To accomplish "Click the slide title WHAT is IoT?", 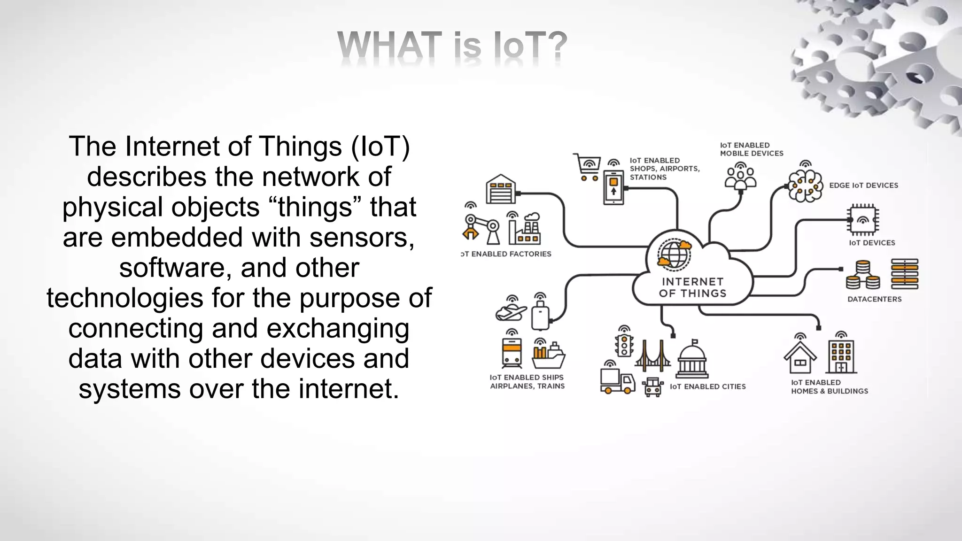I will coord(452,45).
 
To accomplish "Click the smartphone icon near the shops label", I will coord(613,187).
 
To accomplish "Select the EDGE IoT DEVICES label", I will coord(863,185).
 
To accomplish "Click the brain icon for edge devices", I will coord(805,185).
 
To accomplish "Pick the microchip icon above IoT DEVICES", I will coord(862,219).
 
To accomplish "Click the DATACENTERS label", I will coord(874,299).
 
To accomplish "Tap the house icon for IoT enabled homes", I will coord(800,358).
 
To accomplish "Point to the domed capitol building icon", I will coord(692,361).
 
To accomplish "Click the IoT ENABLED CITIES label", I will coord(707,386).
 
